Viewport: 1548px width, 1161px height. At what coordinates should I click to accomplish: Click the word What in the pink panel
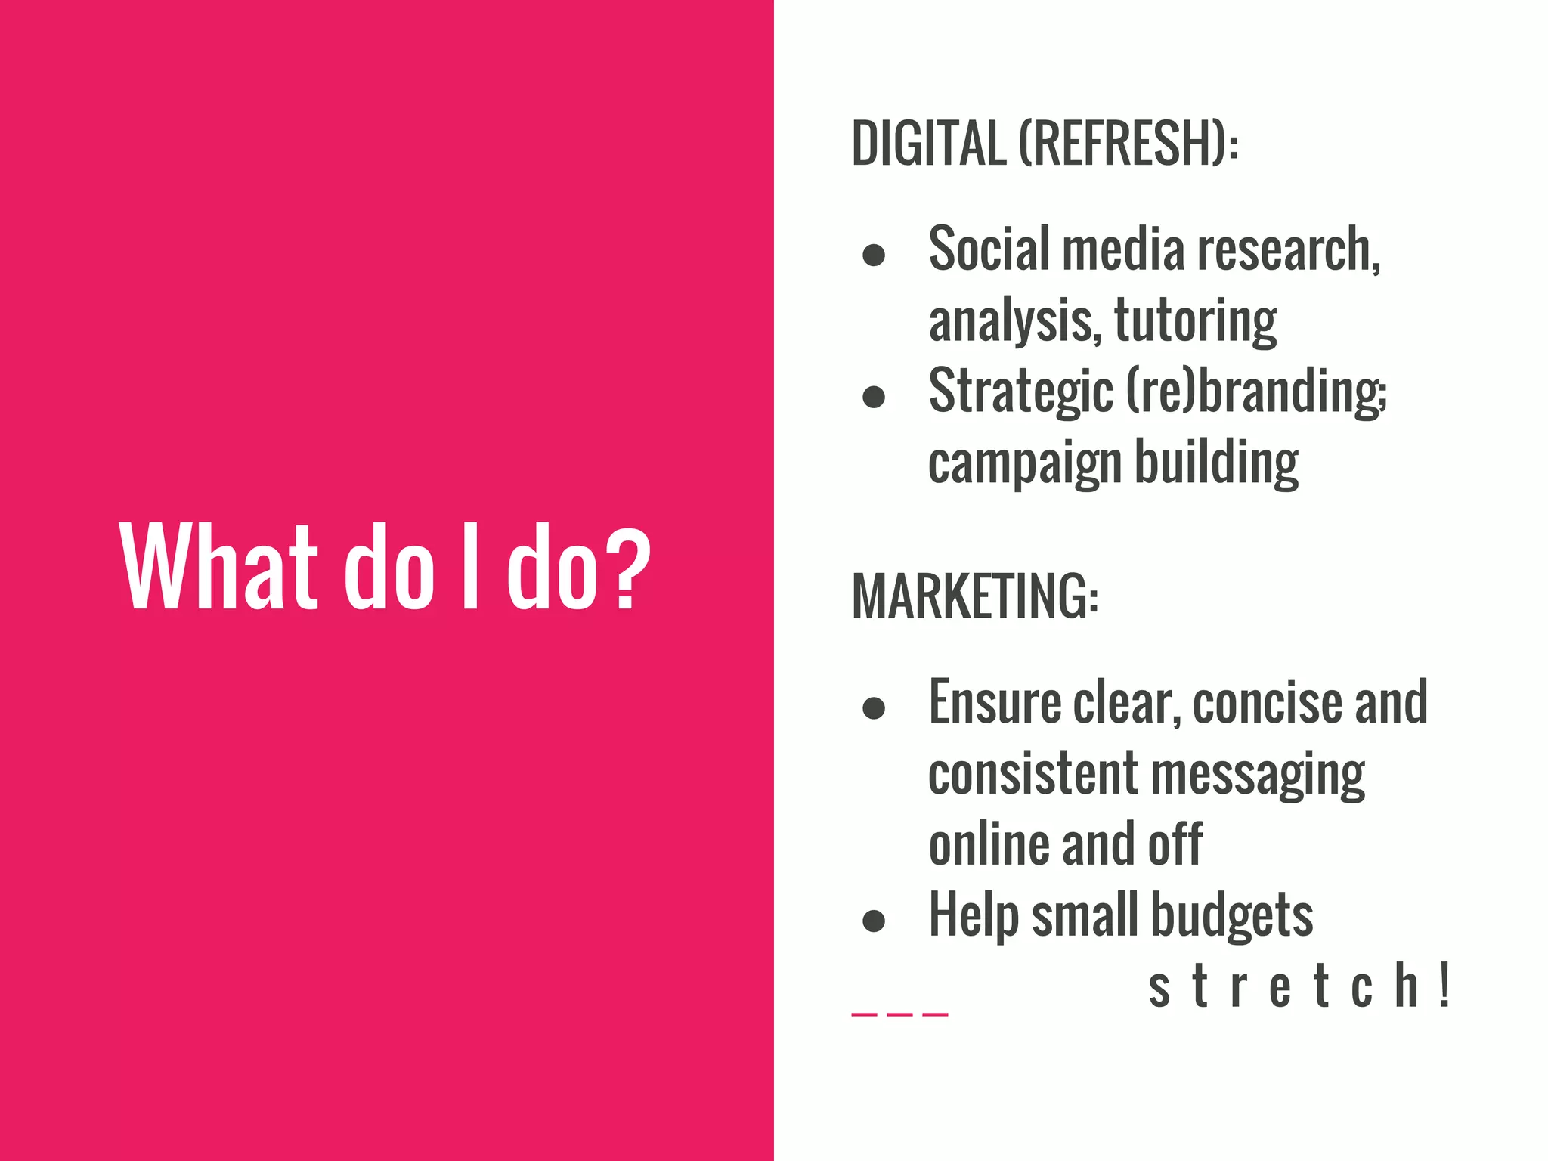pyautogui.click(x=218, y=567)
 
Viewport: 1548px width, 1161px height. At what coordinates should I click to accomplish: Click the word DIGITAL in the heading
pyautogui.click(x=929, y=143)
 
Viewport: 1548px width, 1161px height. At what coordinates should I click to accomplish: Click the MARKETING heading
pyautogui.click(x=974, y=597)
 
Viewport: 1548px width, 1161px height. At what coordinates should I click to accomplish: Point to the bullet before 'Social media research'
pyautogui.click(x=874, y=255)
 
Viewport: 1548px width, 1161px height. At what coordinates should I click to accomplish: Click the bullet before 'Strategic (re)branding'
pyautogui.click(x=874, y=396)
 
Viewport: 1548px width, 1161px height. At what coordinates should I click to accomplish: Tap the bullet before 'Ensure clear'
pyautogui.click(x=874, y=707)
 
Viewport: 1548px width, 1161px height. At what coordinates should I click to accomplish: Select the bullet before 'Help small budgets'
pyautogui.click(x=874, y=920)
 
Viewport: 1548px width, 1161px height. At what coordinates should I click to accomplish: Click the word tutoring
pyautogui.click(x=1195, y=321)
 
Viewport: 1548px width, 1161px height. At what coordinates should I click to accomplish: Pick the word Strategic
pyautogui.click(x=1020, y=392)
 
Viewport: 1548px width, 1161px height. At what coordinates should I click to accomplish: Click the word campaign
pyautogui.click(x=1024, y=463)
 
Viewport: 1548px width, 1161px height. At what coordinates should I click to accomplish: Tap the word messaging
pyautogui.click(x=1258, y=776)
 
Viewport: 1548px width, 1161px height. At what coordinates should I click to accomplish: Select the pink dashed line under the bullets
pyautogui.click(x=899, y=1014)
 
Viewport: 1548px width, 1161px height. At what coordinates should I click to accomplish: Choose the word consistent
pyautogui.click(x=1033, y=774)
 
